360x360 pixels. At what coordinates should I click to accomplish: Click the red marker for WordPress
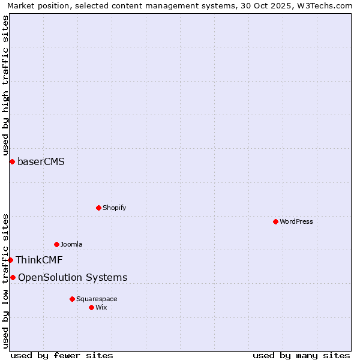[275, 221]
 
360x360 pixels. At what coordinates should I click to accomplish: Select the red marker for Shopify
[98, 208]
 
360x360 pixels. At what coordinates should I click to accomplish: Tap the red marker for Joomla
[56, 244]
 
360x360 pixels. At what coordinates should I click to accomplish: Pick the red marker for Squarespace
[72, 299]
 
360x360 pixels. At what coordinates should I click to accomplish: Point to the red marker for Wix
[91, 307]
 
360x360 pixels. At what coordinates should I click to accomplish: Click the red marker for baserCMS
[12, 161]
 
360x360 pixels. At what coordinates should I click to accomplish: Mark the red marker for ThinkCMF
[10, 260]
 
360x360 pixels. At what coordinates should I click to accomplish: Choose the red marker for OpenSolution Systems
[13, 277]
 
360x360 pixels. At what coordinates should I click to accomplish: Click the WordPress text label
[296, 221]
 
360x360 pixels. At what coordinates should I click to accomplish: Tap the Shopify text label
[114, 208]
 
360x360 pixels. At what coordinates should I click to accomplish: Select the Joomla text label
[71, 244]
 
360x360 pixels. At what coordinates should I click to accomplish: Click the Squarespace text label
[97, 299]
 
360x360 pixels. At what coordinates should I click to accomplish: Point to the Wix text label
[101, 307]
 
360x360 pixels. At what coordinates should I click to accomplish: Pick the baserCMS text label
[41, 161]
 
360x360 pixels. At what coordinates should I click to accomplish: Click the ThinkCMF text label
[39, 260]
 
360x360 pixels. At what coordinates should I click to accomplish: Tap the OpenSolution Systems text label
[73, 277]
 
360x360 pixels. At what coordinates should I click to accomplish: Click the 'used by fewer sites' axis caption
[62, 355]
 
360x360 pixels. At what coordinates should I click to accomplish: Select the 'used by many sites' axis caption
[301, 355]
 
